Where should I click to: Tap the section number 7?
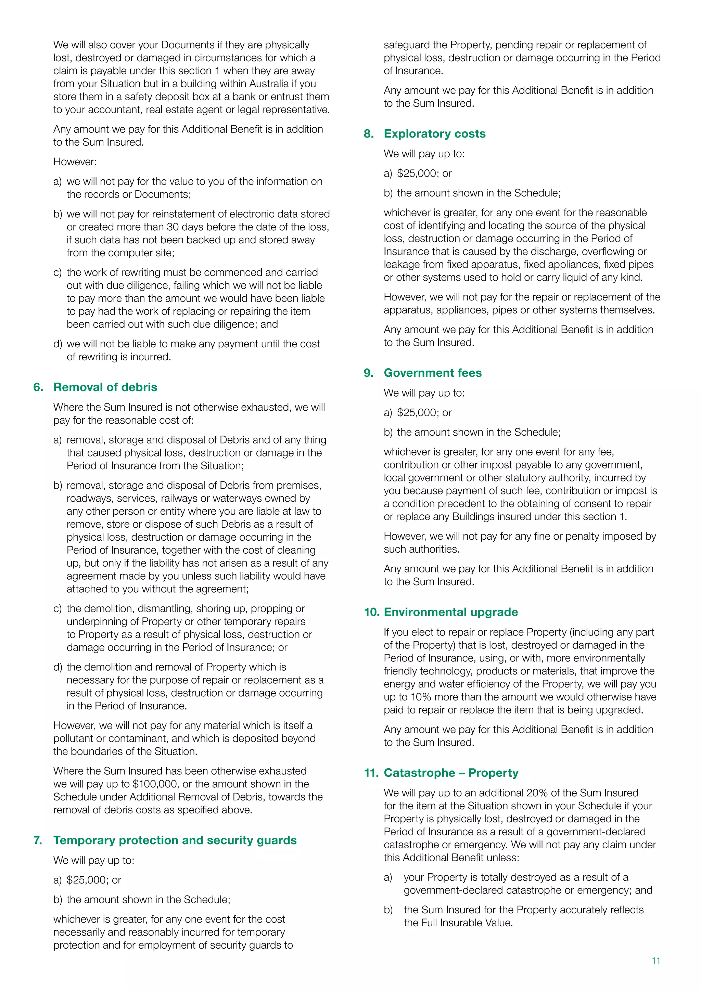pos(38,840)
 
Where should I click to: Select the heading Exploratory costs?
pos(434,134)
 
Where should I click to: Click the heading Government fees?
pos(433,373)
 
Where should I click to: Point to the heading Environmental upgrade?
pos(451,612)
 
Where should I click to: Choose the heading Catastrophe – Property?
pos(451,773)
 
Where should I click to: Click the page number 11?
pos(656,961)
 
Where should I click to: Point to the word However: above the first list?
pos(75,162)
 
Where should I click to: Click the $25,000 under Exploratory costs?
pos(417,173)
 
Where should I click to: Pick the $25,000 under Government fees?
pos(417,413)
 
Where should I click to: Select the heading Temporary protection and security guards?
pos(175,840)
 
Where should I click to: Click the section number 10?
pos(371,612)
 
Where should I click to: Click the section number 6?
pos(38,387)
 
